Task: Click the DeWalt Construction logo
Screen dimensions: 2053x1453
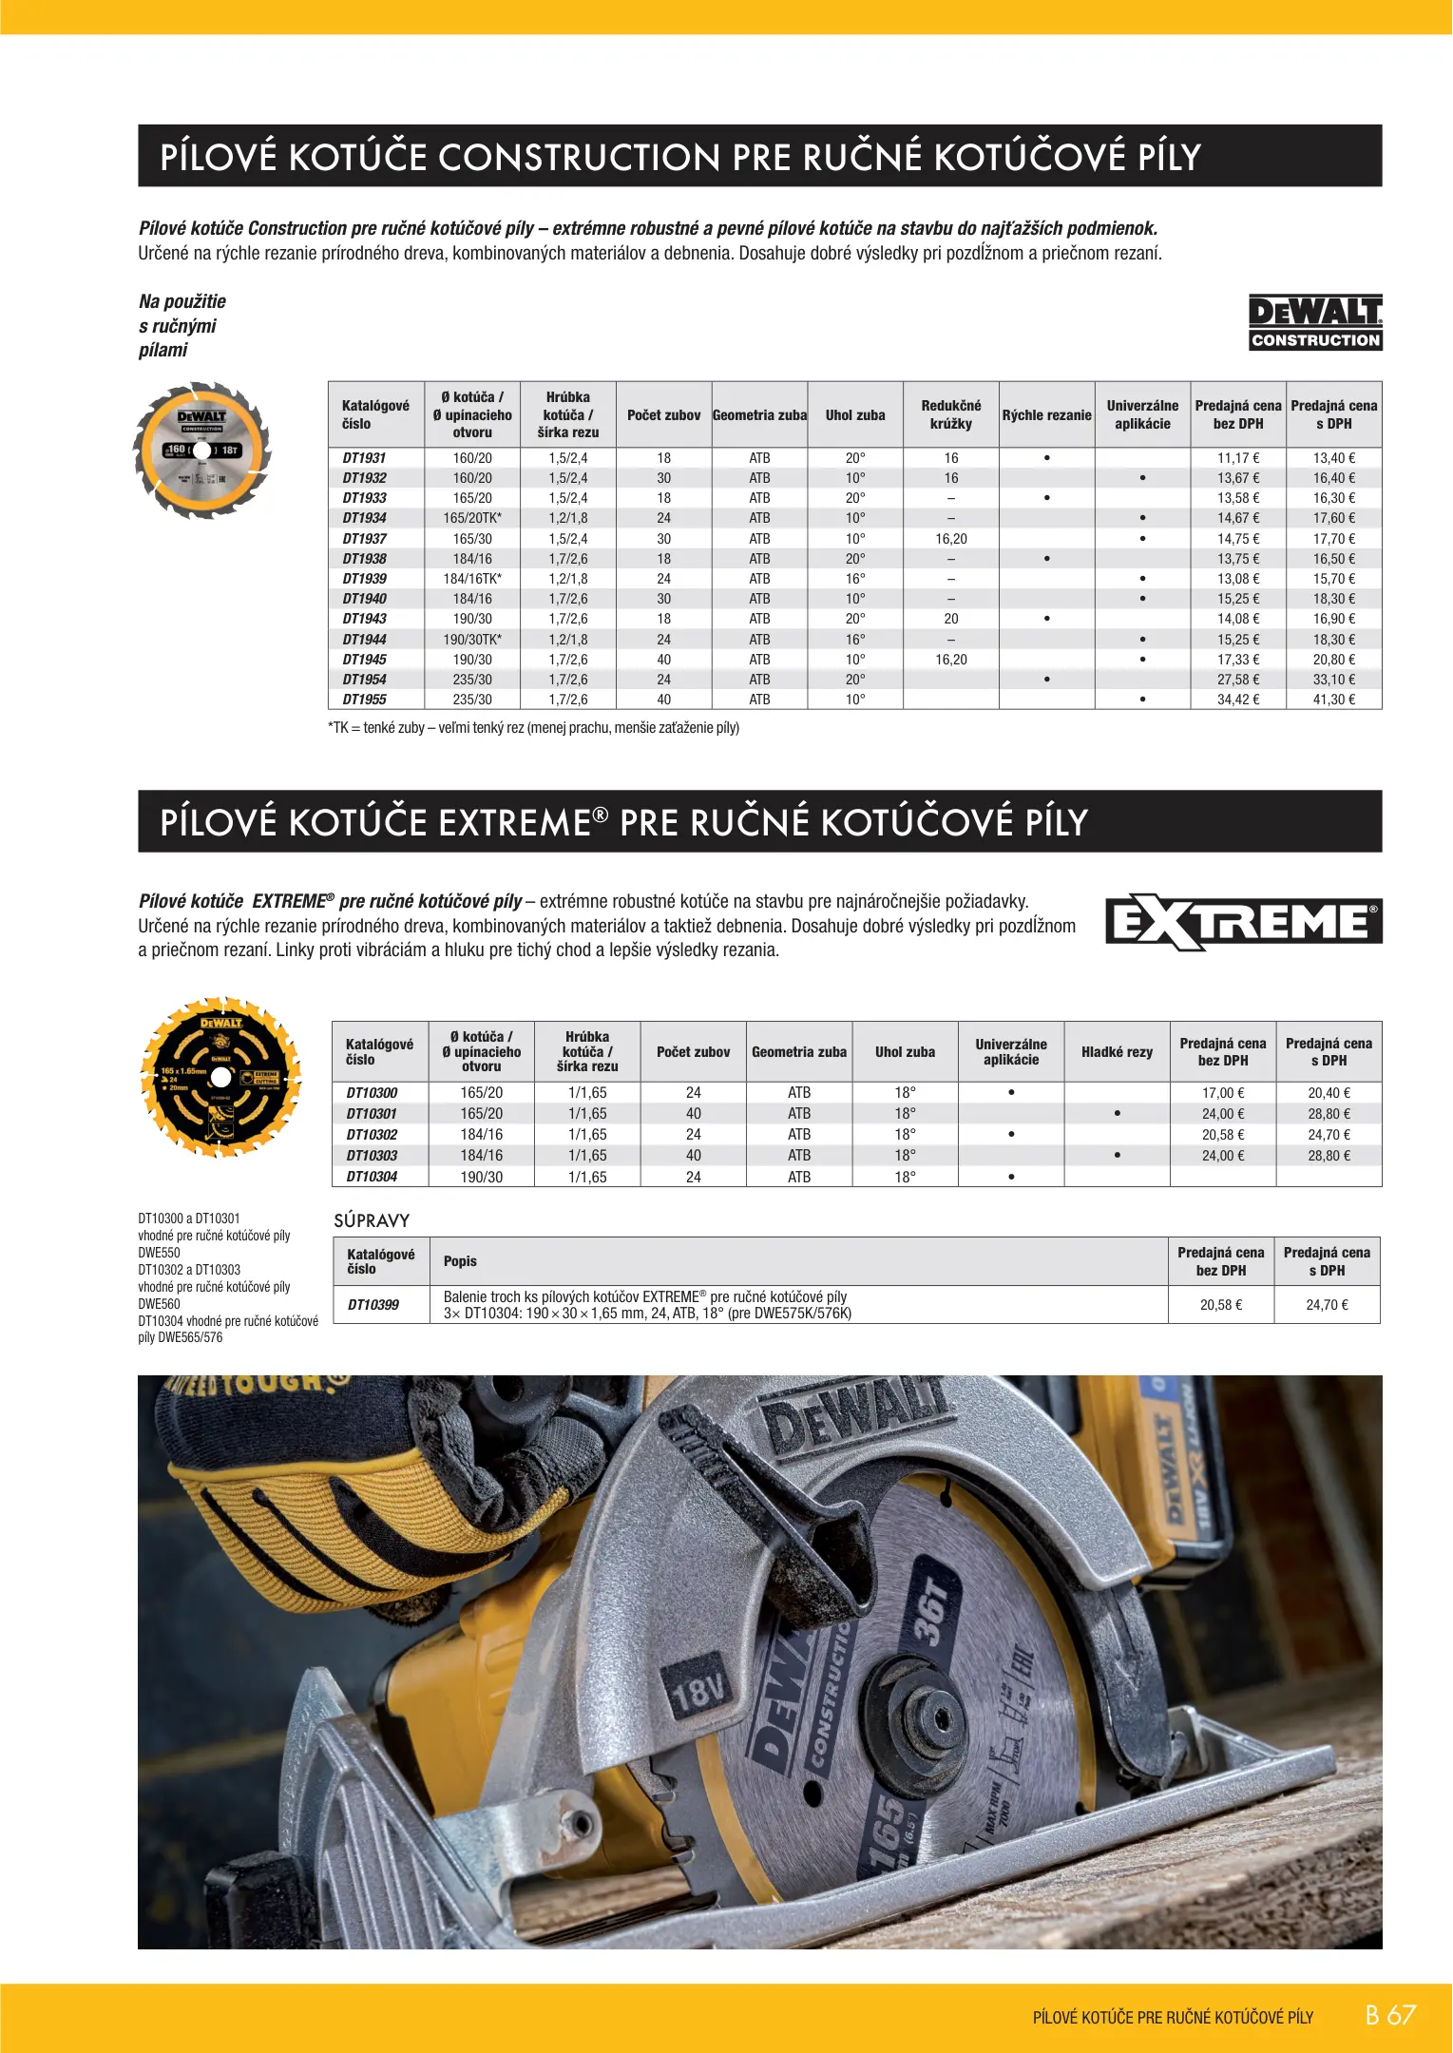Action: pos(1315,323)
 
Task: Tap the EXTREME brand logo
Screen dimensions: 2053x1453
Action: pos(1243,922)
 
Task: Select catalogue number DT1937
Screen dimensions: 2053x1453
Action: pos(365,539)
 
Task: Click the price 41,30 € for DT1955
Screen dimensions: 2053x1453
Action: pos(1334,700)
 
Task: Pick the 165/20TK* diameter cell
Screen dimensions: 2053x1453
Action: pos(472,518)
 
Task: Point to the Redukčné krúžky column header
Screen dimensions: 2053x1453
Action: pos(950,414)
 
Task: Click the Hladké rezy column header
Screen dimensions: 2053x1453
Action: pos(1117,1052)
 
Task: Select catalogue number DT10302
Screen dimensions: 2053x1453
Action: pos(372,1135)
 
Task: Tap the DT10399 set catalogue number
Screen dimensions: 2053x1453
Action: pos(373,1305)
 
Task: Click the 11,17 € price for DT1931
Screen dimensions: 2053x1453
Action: pos(1238,458)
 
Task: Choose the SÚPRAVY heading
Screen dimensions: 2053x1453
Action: pos(372,1220)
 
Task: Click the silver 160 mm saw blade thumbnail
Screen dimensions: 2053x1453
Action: pos(202,451)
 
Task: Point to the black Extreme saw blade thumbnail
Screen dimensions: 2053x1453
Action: pos(220,1077)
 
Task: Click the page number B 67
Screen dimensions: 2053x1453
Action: pos(1390,2015)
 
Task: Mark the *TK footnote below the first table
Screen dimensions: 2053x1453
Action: pos(533,728)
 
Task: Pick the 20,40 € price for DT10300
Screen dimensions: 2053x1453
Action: pos(1329,1093)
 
